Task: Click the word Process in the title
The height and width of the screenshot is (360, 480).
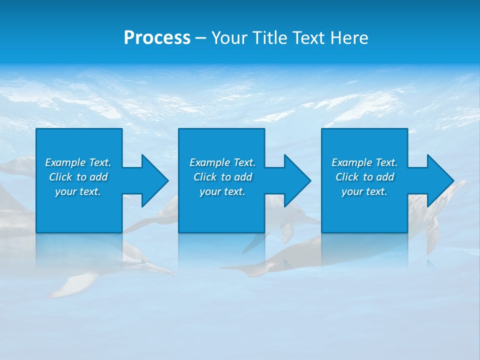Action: [x=157, y=38]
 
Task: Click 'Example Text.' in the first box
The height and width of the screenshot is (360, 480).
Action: [x=78, y=162]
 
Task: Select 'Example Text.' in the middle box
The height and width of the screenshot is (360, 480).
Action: [x=222, y=162]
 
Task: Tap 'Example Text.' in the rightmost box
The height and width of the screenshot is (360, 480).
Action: [x=364, y=162]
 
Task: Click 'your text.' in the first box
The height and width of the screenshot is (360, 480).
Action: [x=78, y=191]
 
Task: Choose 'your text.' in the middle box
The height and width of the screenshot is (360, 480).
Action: [x=222, y=191]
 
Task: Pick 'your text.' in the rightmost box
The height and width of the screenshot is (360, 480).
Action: [x=364, y=191]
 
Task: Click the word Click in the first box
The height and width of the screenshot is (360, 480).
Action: [x=60, y=177]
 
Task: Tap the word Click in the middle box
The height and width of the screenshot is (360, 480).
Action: [x=205, y=177]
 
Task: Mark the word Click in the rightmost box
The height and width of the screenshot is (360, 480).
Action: [x=347, y=177]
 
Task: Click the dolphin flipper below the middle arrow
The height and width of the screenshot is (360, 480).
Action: [x=287, y=231]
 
